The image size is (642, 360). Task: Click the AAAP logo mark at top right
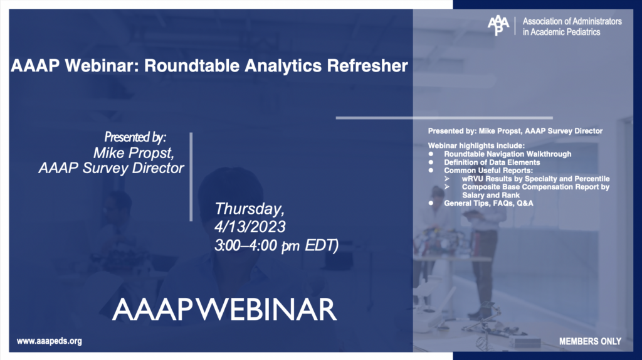tap(499, 26)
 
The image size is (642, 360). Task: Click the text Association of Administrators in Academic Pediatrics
tap(572, 26)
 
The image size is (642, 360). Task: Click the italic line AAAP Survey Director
tap(111, 168)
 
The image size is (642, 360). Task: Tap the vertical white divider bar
tap(191, 176)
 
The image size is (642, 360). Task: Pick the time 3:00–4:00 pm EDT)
tap(276, 245)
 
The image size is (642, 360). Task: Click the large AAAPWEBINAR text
tap(224, 310)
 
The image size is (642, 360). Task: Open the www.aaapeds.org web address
tap(50, 341)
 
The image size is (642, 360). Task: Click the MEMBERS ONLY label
tap(590, 341)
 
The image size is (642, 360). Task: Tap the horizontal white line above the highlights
tap(444, 117)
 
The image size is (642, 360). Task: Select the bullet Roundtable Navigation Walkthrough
tap(507, 154)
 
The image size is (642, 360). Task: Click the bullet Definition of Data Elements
tap(492, 162)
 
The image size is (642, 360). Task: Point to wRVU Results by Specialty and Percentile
tap(535, 179)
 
